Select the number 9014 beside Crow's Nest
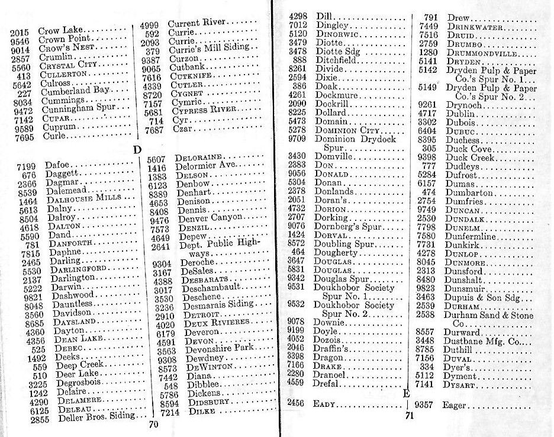[20, 48]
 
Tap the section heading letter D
[137, 150]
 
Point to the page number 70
[153, 424]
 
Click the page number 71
[408, 416]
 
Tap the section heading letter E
[407, 393]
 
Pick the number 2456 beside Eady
[295, 403]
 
